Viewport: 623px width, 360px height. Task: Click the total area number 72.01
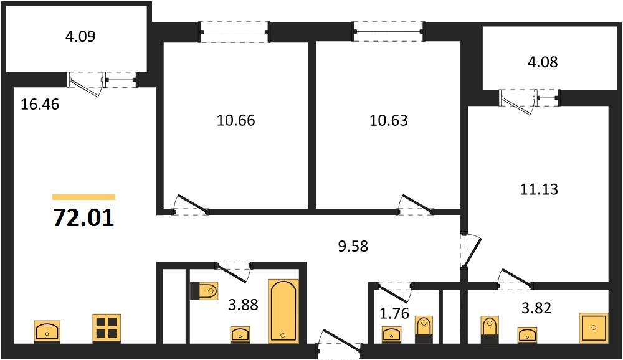(83, 218)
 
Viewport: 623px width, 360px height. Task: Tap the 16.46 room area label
(40, 104)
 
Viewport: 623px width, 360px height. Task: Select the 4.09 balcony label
(80, 36)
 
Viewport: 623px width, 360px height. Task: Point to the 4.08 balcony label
(543, 62)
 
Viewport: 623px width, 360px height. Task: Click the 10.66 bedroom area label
(235, 120)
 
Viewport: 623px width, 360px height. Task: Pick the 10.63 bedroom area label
(389, 120)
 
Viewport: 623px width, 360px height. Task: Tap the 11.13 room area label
(539, 189)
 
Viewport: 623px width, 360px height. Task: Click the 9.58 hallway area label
(353, 247)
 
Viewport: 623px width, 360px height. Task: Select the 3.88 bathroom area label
(243, 305)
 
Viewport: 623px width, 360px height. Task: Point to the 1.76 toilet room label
(394, 313)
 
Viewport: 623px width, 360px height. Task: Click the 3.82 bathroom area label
(536, 308)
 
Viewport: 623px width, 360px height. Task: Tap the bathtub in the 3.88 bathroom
(283, 311)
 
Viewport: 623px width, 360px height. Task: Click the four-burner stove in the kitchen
(107, 328)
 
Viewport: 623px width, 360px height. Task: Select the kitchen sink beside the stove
(47, 331)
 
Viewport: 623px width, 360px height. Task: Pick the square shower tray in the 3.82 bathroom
(594, 328)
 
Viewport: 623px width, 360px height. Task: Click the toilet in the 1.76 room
(424, 329)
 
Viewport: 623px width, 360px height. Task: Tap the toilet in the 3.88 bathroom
(204, 291)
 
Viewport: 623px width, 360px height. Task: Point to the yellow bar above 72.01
(84, 197)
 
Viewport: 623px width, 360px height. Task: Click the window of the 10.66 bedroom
(234, 32)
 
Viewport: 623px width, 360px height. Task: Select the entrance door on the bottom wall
(339, 343)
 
